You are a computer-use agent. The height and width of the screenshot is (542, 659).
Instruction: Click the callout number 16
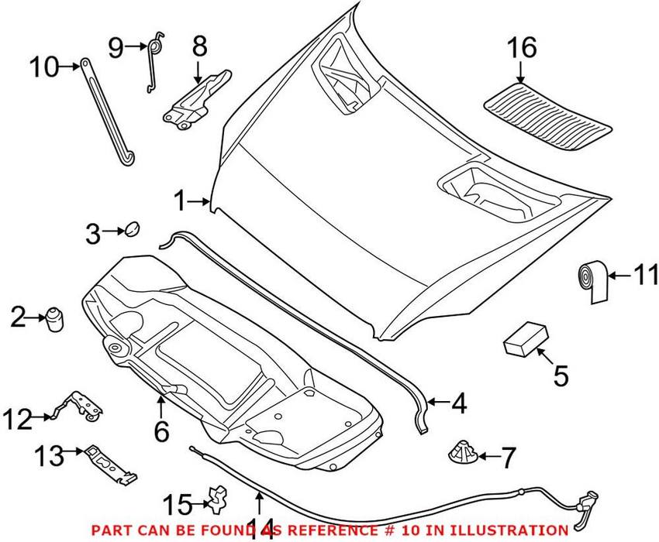click(x=522, y=47)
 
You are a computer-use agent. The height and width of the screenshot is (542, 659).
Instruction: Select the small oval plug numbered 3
click(x=131, y=228)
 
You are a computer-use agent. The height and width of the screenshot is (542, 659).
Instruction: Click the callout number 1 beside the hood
click(x=180, y=203)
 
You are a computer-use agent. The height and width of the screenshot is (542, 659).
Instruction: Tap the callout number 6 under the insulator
click(x=160, y=431)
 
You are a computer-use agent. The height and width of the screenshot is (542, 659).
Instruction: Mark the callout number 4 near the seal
click(x=459, y=403)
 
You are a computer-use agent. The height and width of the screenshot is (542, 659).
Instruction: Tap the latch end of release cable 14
click(x=586, y=499)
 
